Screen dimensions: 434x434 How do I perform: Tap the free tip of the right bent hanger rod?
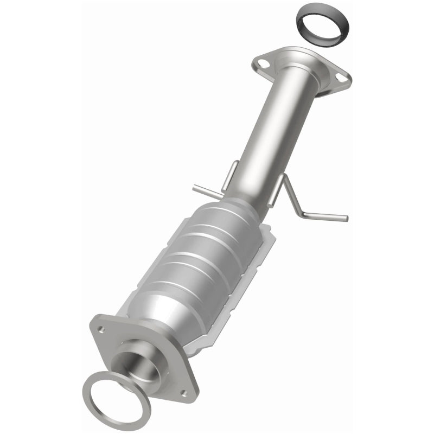(x=345, y=219)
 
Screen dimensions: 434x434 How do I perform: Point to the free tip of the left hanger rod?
(x=194, y=188)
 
